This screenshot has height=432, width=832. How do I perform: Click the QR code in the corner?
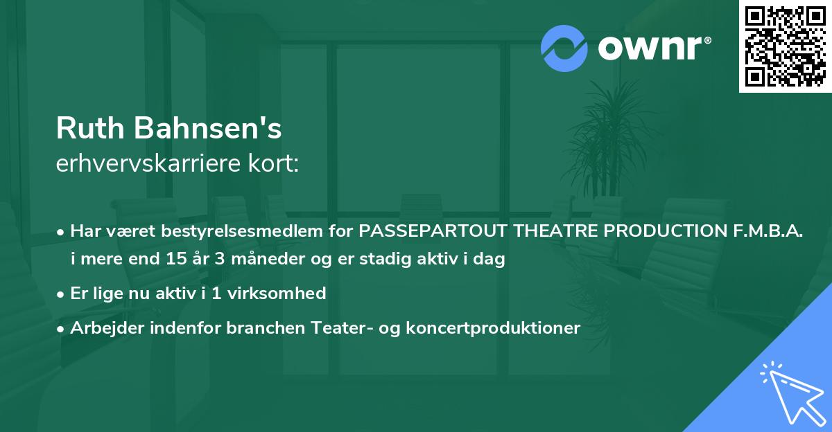785,46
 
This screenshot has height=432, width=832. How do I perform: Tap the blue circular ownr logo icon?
564,48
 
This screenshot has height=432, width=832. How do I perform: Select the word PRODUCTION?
663,231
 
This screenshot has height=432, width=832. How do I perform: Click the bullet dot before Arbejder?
62,328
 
